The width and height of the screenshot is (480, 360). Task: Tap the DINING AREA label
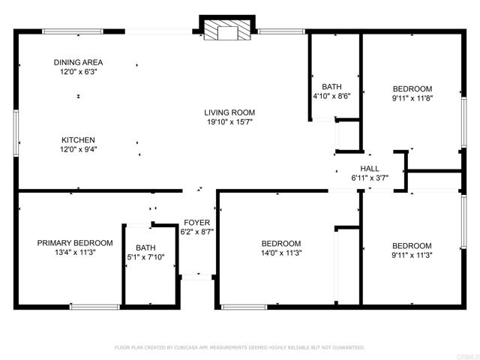click(78, 62)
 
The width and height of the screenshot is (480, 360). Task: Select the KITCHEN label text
click(78, 140)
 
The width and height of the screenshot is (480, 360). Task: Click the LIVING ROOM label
click(229, 113)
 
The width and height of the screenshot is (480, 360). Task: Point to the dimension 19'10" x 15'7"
click(229, 123)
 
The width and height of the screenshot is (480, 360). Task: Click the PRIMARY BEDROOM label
click(75, 243)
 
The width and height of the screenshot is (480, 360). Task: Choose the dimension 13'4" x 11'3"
click(75, 253)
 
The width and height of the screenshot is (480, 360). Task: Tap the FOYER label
click(197, 223)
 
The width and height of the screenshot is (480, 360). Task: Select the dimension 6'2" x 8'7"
click(197, 232)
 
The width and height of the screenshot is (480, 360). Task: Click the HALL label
click(370, 169)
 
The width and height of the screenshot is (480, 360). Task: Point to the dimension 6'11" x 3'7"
click(370, 178)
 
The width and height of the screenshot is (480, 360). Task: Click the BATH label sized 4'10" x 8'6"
click(332, 86)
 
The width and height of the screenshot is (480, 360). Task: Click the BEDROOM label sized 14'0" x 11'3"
click(280, 244)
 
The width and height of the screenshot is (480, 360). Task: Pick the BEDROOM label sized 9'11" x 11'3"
click(412, 246)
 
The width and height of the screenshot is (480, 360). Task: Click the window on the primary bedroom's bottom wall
click(94, 306)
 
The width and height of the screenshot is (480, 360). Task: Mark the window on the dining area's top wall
click(72, 31)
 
